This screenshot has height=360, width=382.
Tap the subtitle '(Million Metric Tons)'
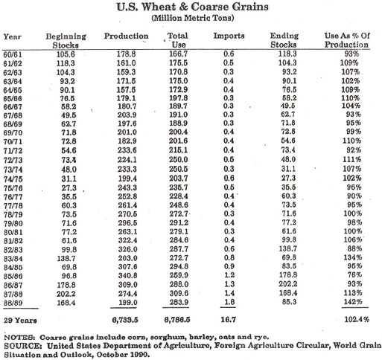(191, 19)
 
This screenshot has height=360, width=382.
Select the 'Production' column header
(121, 36)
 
